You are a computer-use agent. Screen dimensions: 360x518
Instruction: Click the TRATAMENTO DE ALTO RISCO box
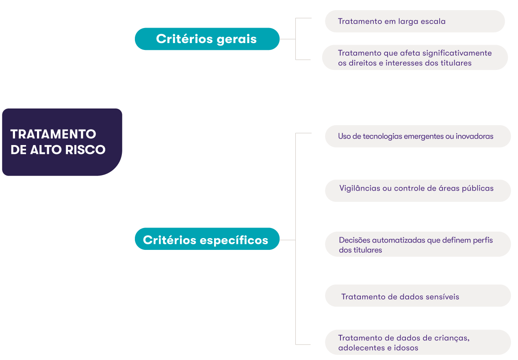[62, 142]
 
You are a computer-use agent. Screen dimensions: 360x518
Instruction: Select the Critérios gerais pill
[207, 39]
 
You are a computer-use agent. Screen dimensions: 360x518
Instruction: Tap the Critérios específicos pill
[207, 240]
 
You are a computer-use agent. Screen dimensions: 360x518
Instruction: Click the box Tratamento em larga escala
[414, 22]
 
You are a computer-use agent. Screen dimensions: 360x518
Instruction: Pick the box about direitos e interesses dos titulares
[414, 58]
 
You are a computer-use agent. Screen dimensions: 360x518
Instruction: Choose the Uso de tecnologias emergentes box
[417, 137]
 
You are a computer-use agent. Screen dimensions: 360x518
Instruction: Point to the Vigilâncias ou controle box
[417, 191]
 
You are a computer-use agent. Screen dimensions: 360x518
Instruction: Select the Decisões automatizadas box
[417, 245]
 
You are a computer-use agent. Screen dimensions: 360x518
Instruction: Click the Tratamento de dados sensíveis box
[417, 296]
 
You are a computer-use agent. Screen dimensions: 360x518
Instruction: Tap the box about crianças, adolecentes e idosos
[417, 343]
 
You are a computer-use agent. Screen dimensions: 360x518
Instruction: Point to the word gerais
[236, 39]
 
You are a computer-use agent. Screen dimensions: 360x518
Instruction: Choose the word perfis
[483, 240]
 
